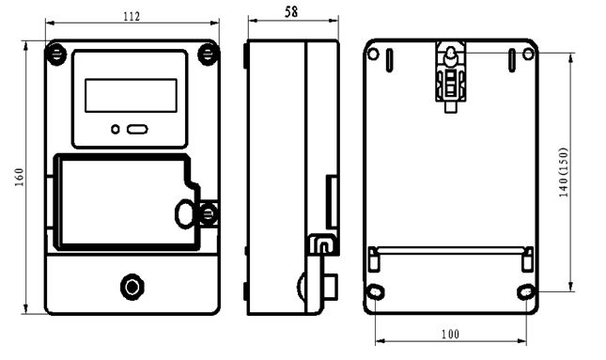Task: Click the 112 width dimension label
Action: [132, 17]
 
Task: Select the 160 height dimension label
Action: [20, 177]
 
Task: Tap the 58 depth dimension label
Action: [291, 12]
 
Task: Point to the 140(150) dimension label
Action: [564, 172]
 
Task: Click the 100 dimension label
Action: [451, 334]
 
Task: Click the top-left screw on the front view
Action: [56, 55]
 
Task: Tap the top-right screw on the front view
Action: [208, 55]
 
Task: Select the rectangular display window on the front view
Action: [131, 96]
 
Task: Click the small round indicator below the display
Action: [116, 130]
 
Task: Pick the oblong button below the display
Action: [137, 130]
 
